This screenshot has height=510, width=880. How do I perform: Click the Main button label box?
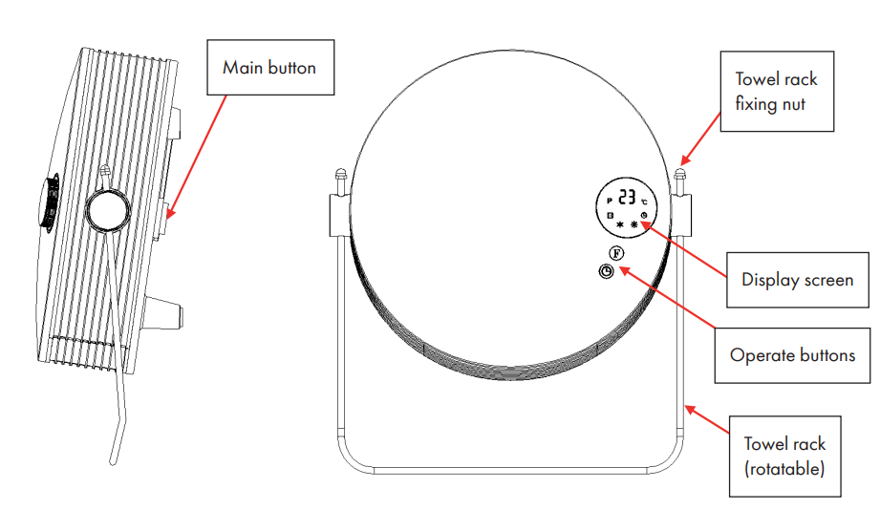[270, 67]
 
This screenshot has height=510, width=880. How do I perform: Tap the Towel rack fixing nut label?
[777, 92]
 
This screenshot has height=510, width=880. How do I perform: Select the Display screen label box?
[798, 280]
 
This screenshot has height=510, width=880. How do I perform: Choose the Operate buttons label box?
[792, 355]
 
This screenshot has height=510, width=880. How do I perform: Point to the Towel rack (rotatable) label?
[784, 457]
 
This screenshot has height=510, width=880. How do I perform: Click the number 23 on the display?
[627, 197]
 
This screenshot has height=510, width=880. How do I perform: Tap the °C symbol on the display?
[644, 202]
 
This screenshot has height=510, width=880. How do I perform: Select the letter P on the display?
[610, 201]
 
